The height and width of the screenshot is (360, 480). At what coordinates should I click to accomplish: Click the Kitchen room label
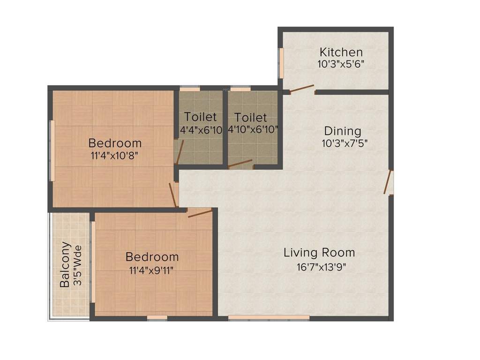coord(341,52)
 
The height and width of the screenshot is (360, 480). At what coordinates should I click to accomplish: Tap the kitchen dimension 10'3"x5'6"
coord(341,64)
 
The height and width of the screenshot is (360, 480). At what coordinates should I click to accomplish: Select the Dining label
coord(343,131)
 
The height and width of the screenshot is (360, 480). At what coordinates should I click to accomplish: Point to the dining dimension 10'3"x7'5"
coord(344,143)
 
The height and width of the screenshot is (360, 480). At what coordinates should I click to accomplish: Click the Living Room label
coord(319,253)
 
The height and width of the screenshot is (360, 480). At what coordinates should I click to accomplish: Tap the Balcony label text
coord(65,264)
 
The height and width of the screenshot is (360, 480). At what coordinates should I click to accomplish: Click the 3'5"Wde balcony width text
coord(78,265)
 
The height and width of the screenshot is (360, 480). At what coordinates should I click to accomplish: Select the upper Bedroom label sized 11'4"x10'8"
coord(115,143)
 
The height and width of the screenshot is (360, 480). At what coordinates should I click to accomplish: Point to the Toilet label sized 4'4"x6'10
coord(200,117)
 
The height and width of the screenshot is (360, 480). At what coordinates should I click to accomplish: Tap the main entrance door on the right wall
coord(388,182)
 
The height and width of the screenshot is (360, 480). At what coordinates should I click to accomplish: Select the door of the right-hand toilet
coord(240,164)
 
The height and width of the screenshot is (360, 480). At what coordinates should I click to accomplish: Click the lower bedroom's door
coord(200,213)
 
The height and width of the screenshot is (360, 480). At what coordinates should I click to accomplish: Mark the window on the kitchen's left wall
coord(281,63)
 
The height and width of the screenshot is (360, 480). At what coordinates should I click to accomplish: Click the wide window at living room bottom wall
coord(269,317)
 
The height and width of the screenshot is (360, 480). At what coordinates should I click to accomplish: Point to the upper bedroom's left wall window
coord(52,150)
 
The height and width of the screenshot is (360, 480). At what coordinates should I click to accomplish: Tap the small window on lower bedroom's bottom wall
coord(157,317)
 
